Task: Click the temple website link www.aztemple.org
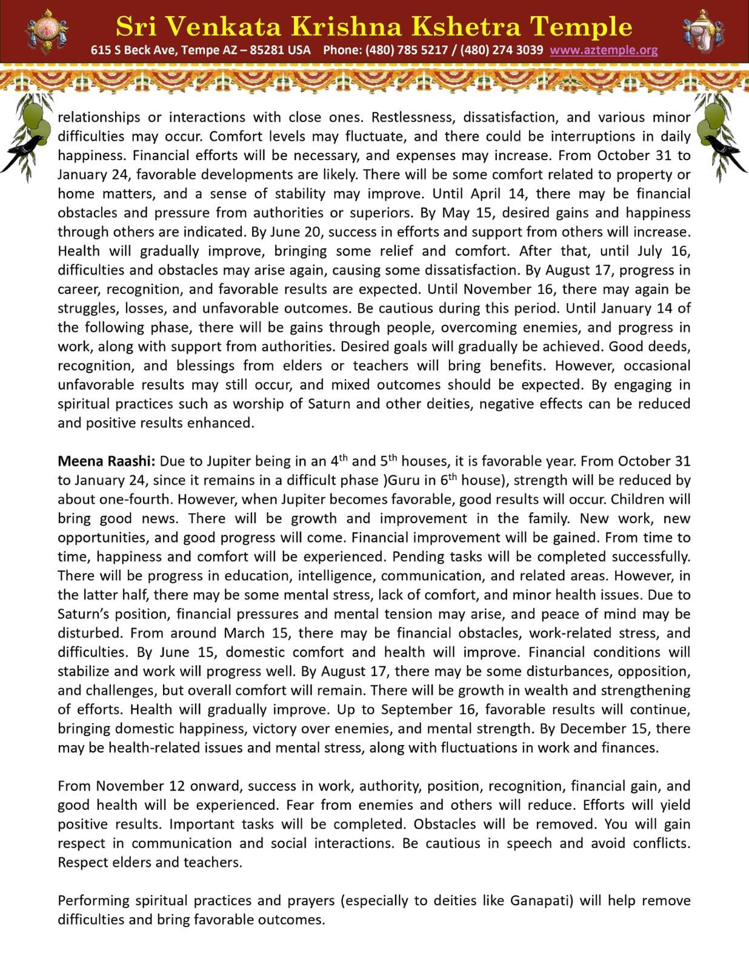click(604, 50)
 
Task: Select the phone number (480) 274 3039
click(502, 50)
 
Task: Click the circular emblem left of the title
click(47, 30)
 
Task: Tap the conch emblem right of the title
click(703, 30)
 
